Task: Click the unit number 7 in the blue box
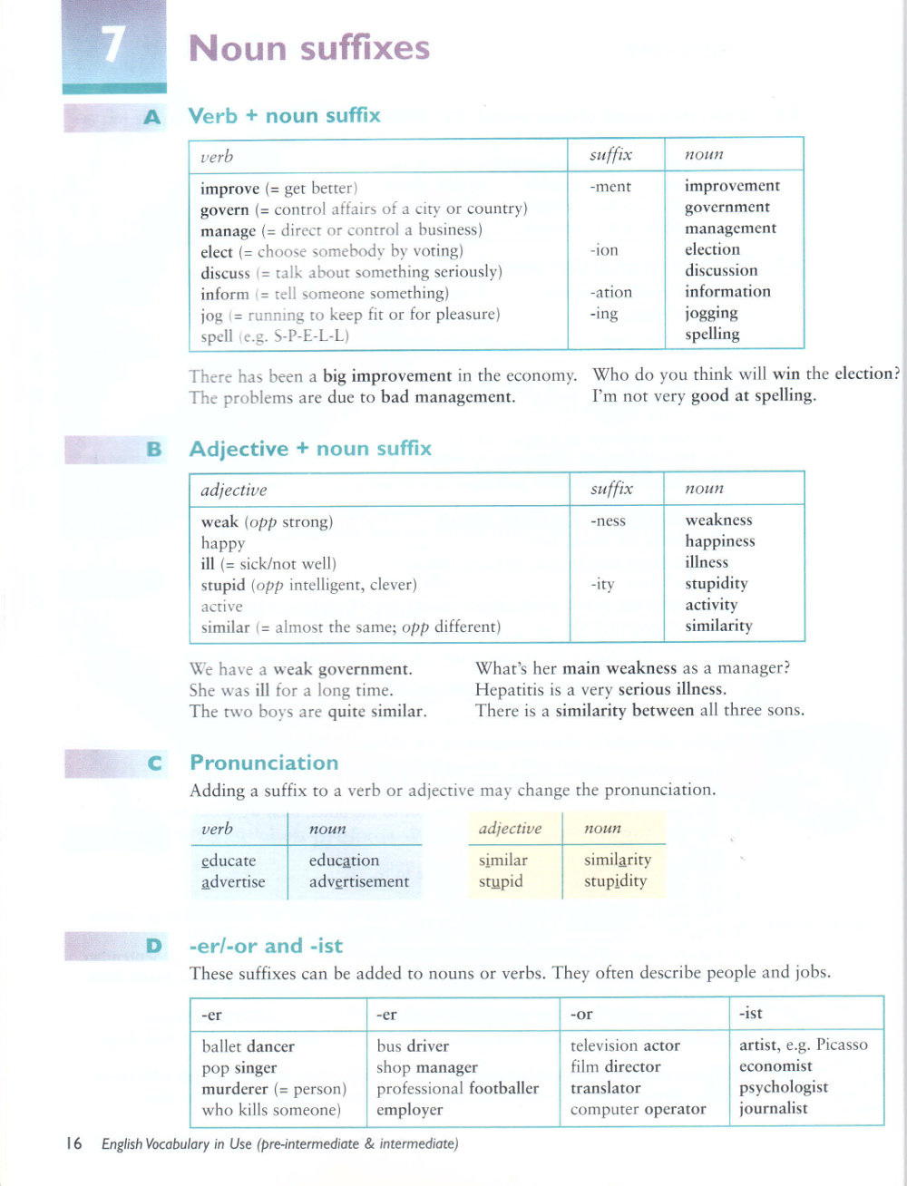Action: pyautogui.click(x=112, y=44)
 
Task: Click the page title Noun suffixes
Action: pyautogui.click(x=308, y=47)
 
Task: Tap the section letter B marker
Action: pyautogui.click(x=153, y=449)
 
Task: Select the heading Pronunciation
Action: pyautogui.click(x=264, y=763)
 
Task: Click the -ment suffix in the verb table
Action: pyautogui.click(x=610, y=187)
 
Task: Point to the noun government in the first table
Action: pyautogui.click(x=727, y=207)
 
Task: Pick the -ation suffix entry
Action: pyautogui.click(x=610, y=292)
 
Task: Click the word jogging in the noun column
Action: pyautogui.click(x=711, y=313)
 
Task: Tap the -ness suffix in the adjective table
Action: pyautogui.click(x=608, y=520)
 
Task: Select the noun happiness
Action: pyautogui.click(x=720, y=541)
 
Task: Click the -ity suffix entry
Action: pyautogui.click(x=602, y=584)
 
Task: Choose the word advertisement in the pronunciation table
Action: pyautogui.click(x=359, y=881)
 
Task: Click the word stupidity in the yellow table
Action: pyautogui.click(x=615, y=881)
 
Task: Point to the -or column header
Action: pyautogui.click(x=581, y=1015)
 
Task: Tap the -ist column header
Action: pyautogui.click(x=751, y=1014)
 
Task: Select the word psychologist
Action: pyautogui.click(x=784, y=1087)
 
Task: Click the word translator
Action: pyautogui.click(x=606, y=1088)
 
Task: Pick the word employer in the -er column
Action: pyautogui.click(x=410, y=1110)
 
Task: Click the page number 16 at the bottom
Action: pyautogui.click(x=73, y=1143)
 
